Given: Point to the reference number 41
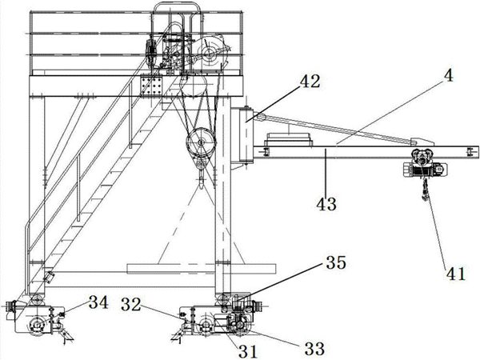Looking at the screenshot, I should click(454, 274).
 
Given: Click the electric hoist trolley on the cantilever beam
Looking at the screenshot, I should click(421, 162).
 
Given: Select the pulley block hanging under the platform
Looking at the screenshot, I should click(202, 145).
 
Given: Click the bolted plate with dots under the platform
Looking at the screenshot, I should click(151, 86).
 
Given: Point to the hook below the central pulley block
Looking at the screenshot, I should click(200, 170).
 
